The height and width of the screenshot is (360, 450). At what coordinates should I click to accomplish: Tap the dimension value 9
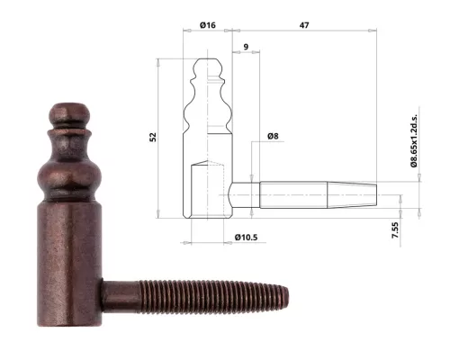tap(245, 45)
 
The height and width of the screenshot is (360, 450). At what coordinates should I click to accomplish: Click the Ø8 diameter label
tap(273, 136)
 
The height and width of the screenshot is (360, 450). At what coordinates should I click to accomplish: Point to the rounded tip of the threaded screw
tap(287, 295)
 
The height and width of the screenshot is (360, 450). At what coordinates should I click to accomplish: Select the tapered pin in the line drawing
tap(315, 196)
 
